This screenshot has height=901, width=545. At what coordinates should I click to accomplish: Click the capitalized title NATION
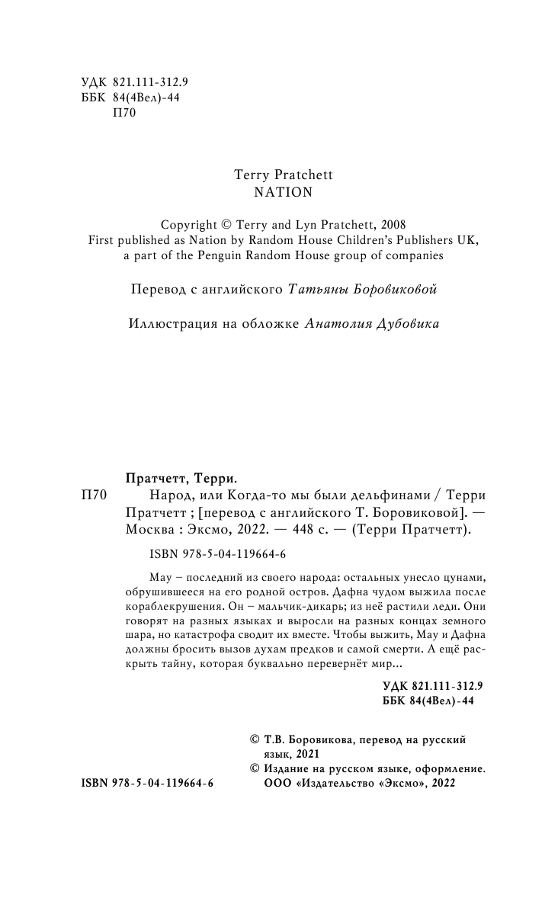click(x=283, y=192)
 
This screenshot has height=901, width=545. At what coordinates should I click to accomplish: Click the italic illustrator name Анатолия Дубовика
click(x=371, y=323)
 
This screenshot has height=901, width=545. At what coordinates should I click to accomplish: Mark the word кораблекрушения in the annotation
click(x=167, y=607)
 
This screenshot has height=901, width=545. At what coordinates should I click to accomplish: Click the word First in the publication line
click(x=102, y=240)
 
